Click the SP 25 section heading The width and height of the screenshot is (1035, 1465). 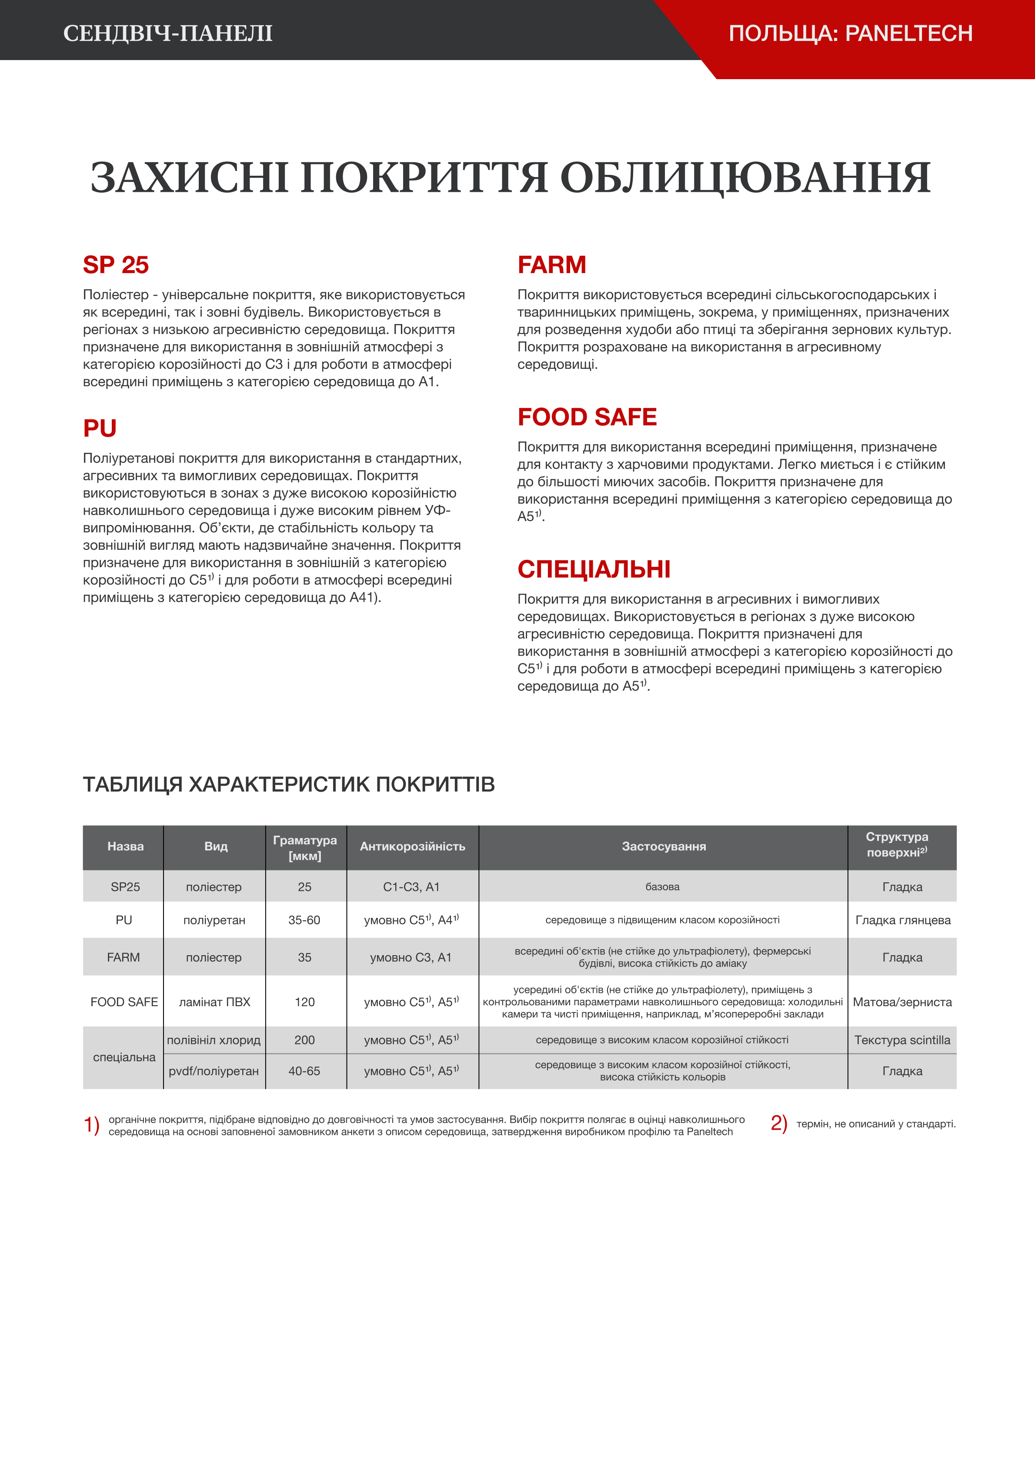click(116, 265)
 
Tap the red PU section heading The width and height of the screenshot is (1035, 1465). click(100, 428)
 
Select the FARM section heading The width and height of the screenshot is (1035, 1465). click(551, 265)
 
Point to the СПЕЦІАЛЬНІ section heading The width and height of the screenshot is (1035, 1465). click(594, 569)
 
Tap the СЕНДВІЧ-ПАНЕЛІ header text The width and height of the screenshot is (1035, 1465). click(168, 33)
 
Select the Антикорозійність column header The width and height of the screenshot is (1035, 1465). click(412, 846)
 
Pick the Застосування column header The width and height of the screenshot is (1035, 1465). click(664, 846)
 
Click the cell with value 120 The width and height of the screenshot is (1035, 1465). click(305, 1002)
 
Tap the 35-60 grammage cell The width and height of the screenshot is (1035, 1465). click(304, 920)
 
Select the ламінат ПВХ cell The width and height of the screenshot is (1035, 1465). click(214, 1002)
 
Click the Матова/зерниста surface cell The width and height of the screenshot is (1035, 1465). click(902, 1002)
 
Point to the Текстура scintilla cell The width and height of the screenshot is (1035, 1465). click(902, 1040)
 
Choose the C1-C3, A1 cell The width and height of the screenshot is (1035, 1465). click(411, 887)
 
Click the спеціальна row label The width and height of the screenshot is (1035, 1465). click(124, 1057)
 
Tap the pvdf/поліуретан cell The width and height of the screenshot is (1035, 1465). click(214, 1071)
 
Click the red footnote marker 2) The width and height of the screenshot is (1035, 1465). click(778, 1123)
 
